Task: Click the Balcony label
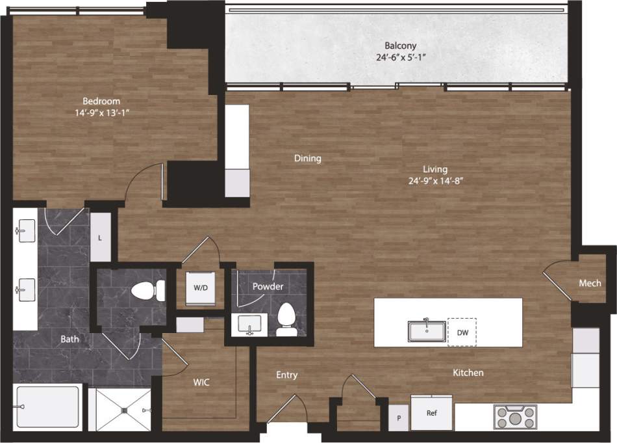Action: (400, 46)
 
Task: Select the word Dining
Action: (308, 158)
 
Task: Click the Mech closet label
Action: (590, 283)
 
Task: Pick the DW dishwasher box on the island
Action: (462, 332)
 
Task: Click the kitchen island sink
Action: (427, 330)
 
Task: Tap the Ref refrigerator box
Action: (432, 413)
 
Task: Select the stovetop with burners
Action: (515, 416)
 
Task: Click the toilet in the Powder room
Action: (286, 319)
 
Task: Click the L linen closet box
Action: (100, 238)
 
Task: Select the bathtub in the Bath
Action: (48, 407)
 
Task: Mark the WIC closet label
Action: (201, 383)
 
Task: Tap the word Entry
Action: (286, 375)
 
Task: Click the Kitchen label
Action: (468, 373)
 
